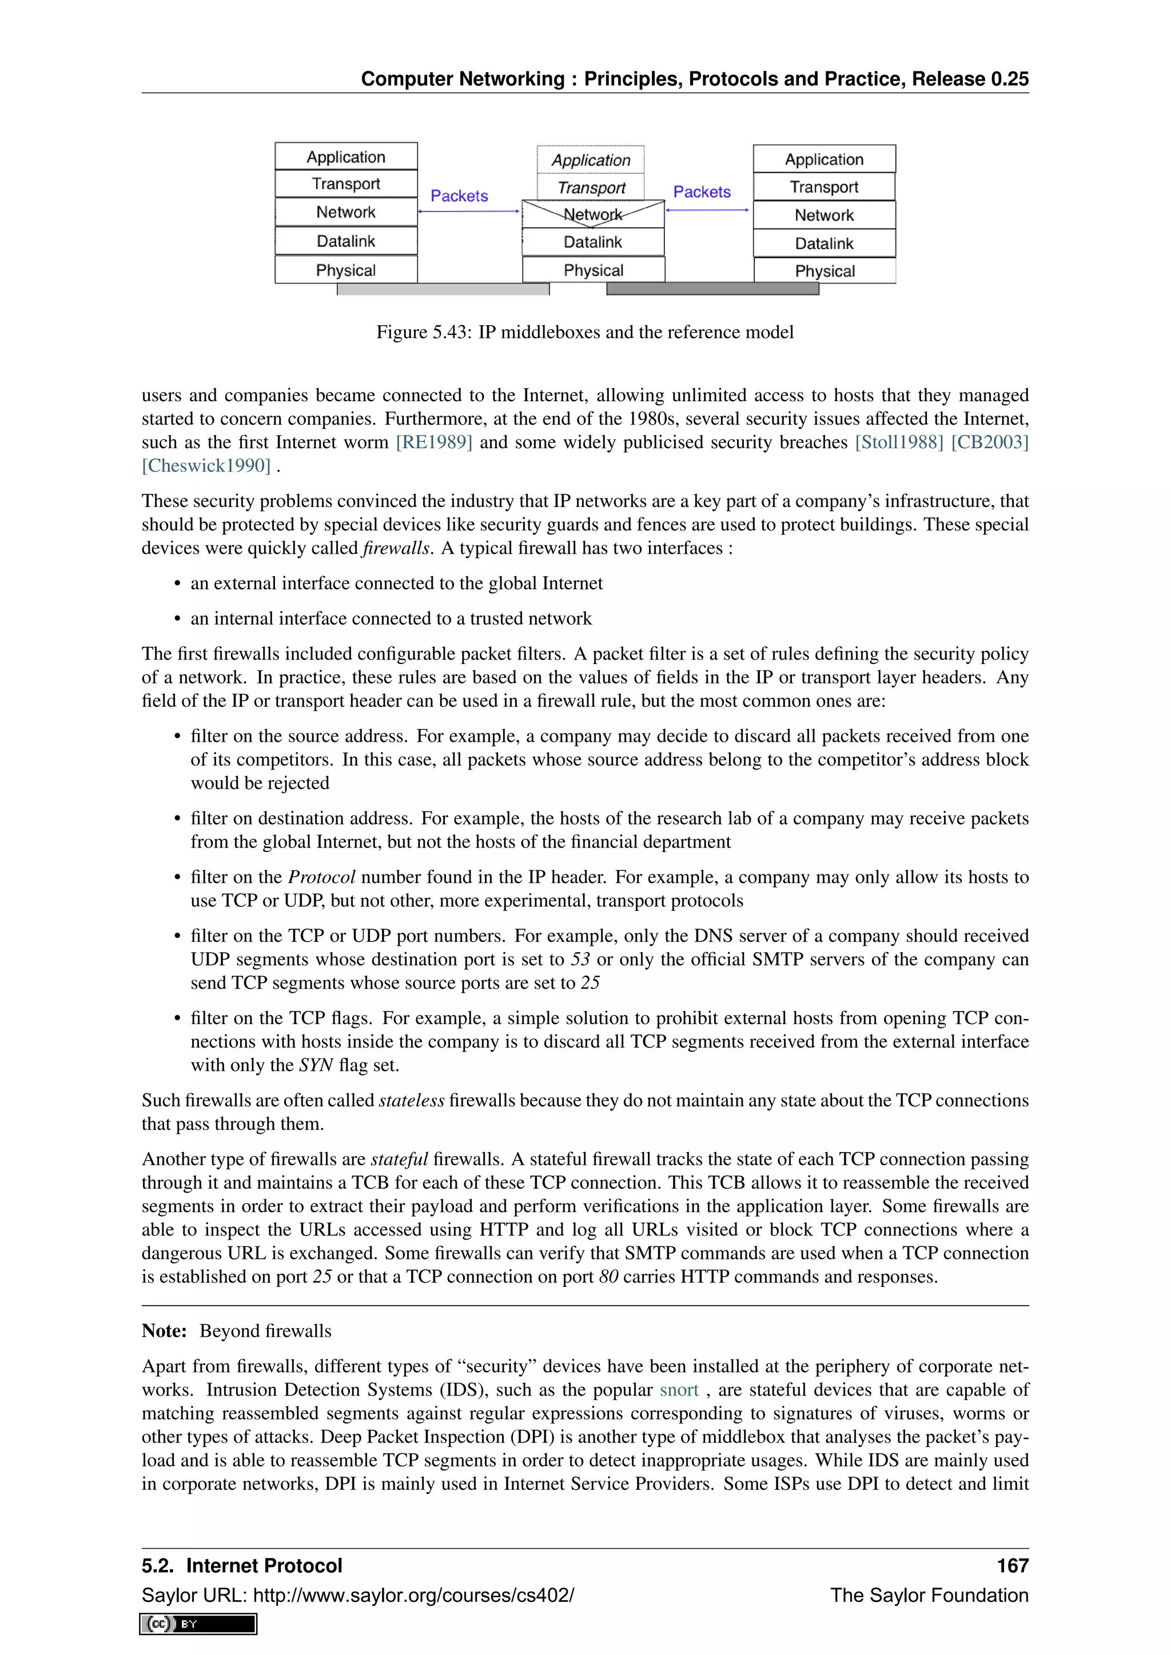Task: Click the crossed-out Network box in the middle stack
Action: pos(593,214)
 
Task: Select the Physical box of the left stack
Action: pos(346,270)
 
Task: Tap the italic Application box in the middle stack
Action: pos(591,160)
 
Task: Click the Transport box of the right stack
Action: pos(824,187)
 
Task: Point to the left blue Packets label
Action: pos(459,196)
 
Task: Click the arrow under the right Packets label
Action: pos(707,210)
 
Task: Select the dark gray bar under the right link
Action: pos(712,289)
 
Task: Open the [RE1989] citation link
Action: pos(434,442)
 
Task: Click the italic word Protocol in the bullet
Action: pos(321,877)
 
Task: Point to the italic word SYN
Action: pos(316,1065)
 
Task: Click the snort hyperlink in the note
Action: pos(679,1390)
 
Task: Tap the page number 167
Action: pos(1013,1566)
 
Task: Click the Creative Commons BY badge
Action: pos(198,1624)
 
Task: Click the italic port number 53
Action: pos(580,960)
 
